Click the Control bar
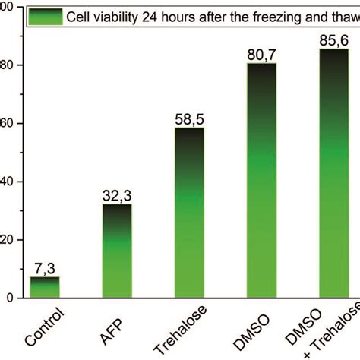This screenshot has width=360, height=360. click(44, 288)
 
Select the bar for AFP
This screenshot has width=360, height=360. click(116, 251)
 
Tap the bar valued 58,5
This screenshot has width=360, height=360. click(188, 213)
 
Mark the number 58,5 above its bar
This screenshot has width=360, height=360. click(188, 120)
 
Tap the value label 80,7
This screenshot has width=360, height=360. click(261, 55)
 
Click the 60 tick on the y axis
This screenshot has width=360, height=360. click(7, 124)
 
